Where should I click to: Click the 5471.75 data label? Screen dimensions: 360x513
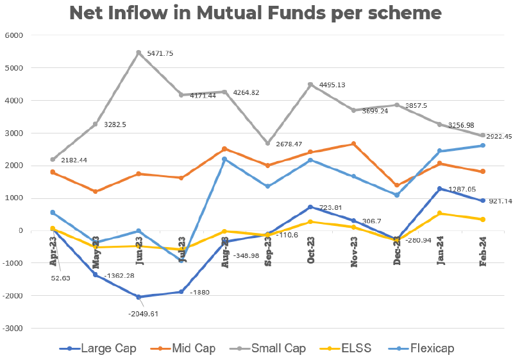[160, 53]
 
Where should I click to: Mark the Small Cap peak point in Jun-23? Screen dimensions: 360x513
[139, 53]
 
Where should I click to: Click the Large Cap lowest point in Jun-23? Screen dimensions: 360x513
[139, 297]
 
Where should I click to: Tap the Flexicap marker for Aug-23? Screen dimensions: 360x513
[225, 159]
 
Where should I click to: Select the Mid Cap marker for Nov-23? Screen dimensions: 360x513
[354, 144]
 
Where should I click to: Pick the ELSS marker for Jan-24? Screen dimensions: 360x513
[440, 213]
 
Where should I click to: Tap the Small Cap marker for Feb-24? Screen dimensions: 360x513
[483, 135]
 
